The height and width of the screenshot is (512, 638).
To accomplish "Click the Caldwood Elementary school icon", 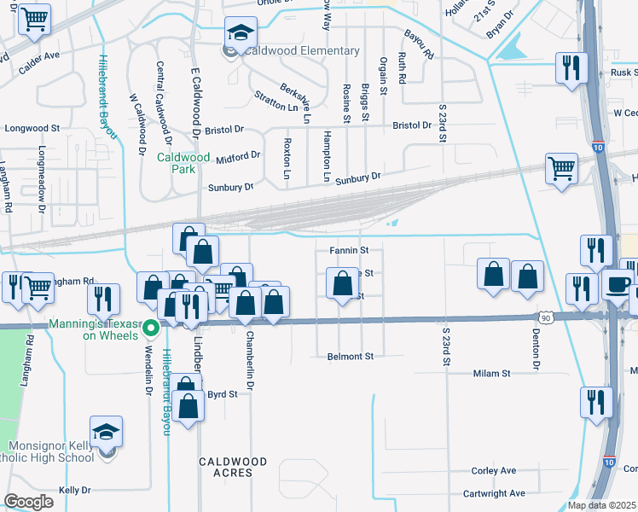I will (241, 35).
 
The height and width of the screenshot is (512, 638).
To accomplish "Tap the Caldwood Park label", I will (183, 163).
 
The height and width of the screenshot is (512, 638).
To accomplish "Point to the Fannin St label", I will (348, 251).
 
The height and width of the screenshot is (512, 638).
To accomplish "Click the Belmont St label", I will (351, 356).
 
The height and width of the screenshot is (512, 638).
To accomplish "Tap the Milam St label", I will (491, 374).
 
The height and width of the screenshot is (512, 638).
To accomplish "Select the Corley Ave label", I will (494, 470).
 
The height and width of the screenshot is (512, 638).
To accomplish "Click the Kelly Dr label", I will (74, 490).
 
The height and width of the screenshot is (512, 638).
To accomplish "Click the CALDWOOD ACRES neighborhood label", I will (233, 467).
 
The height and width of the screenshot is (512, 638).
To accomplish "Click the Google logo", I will (29, 502).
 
